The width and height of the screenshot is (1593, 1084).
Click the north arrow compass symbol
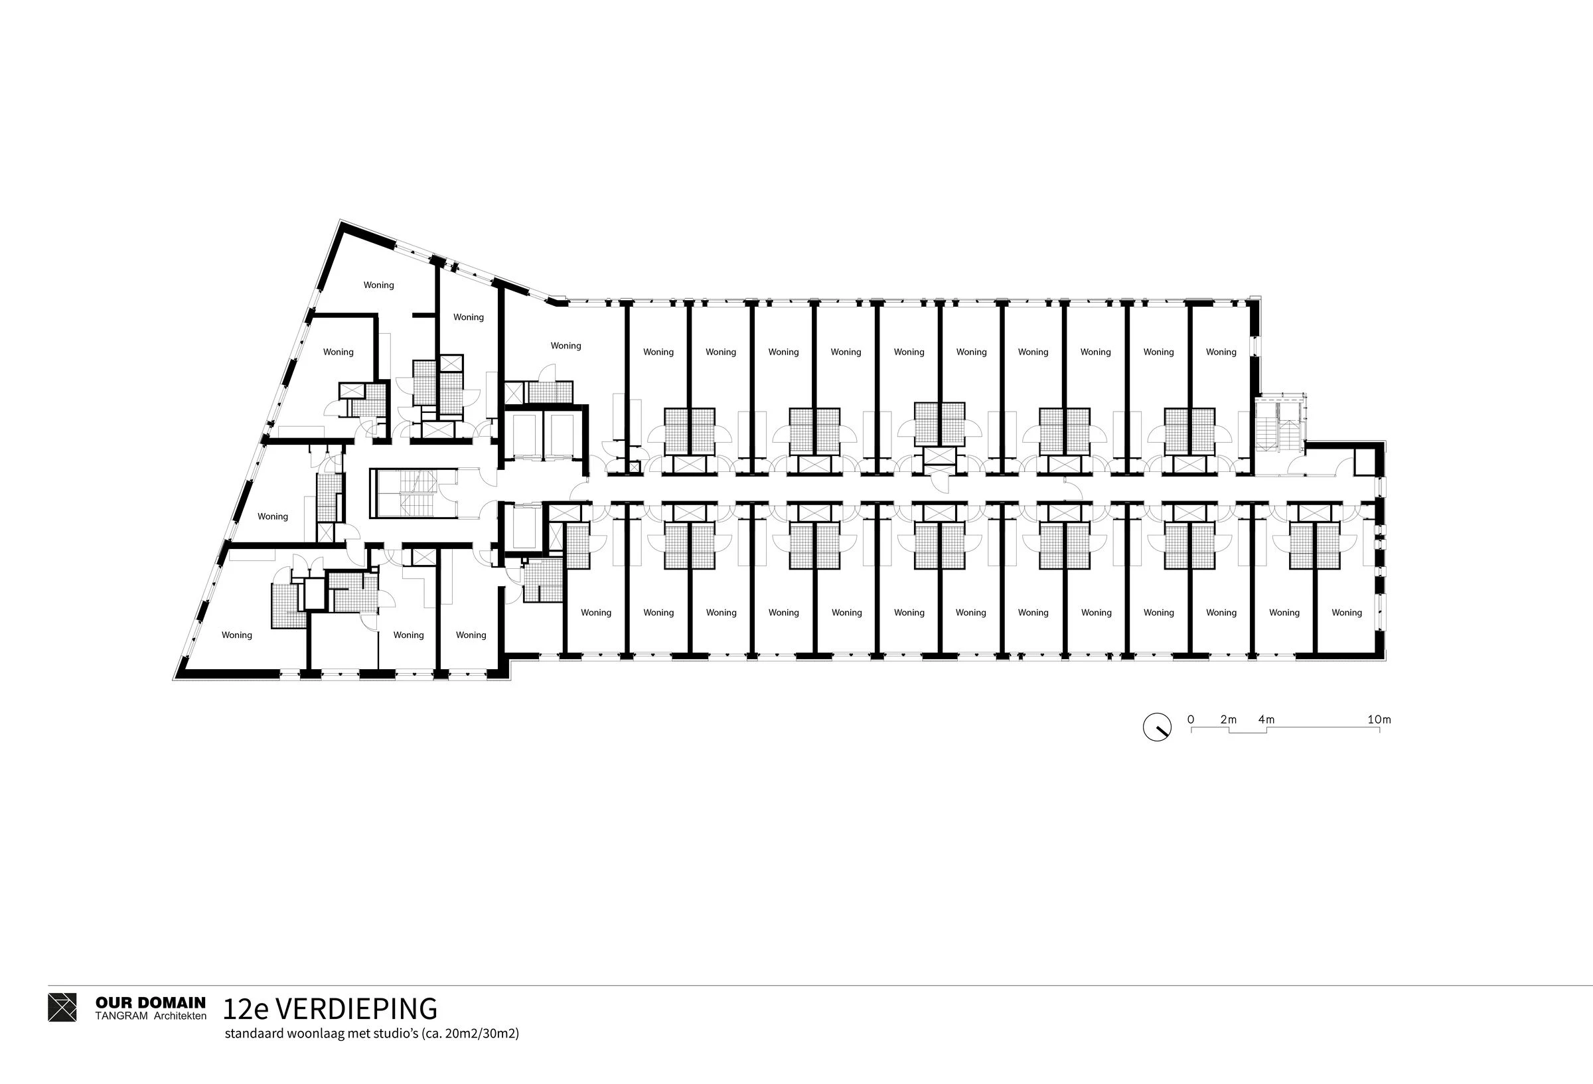[x=1157, y=727]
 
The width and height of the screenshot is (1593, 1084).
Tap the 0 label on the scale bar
[x=1191, y=720]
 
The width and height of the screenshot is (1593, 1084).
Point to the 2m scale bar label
[x=1229, y=720]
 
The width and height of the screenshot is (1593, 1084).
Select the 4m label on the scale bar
[x=1266, y=720]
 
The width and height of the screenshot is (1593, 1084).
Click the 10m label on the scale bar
[x=1379, y=720]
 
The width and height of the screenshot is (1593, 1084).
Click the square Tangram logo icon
[x=62, y=1007]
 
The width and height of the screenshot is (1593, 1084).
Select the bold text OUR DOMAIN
[x=150, y=1003]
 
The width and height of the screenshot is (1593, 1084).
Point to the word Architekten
[x=180, y=1016]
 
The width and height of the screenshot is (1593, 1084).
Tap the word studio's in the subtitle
[x=399, y=1034]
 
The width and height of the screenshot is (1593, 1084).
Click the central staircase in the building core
[x=414, y=493]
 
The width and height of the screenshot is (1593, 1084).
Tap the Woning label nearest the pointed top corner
[x=378, y=285]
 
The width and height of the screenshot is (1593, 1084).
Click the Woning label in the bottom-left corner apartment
[x=236, y=635]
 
